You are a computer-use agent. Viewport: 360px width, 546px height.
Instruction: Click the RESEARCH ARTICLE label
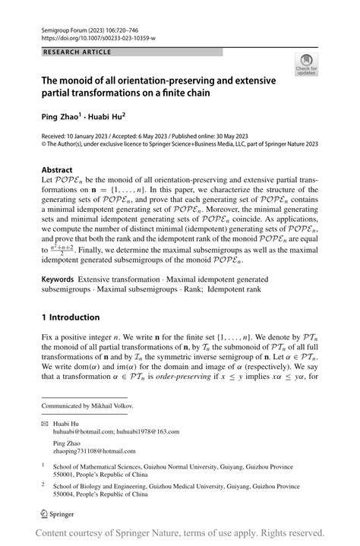coord(78,52)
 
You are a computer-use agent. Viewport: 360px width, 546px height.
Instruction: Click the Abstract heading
coord(57,170)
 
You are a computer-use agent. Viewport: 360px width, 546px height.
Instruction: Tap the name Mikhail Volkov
coord(112,406)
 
